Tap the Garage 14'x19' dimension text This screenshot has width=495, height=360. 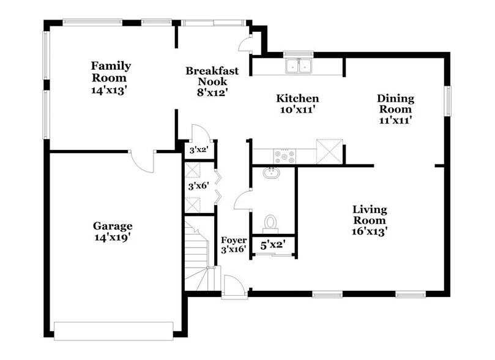tap(113, 237)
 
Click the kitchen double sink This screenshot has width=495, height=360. tap(299, 65)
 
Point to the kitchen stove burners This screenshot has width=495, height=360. tap(285, 157)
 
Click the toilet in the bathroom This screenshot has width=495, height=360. tap(270, 221)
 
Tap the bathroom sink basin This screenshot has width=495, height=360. tap(272, 173)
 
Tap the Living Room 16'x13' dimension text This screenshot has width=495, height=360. tap(369, 231)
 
